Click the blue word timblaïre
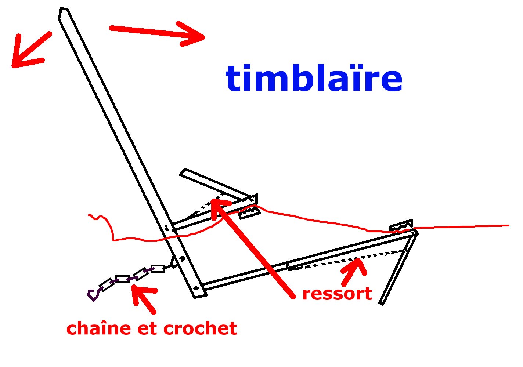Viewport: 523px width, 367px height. [314, 78]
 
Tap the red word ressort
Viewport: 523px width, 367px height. [337, 294]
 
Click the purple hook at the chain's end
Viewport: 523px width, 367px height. [93, 294]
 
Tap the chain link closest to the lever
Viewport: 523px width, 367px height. [158, 269]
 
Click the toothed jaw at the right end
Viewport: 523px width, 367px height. [401, 225]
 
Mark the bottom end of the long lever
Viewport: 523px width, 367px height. [200, 294]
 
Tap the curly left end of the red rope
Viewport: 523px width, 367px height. [95, 217]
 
